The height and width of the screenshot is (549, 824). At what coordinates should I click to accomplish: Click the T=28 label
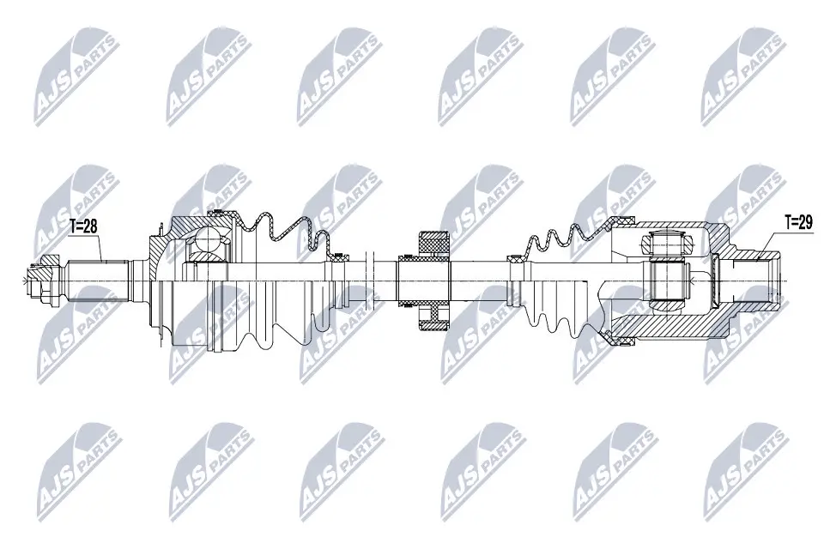click(x=85, y=226)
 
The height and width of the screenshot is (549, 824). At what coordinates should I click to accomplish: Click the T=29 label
click(x=798, y=221)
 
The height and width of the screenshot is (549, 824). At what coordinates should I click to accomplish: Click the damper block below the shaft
click(x=433, y=316)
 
